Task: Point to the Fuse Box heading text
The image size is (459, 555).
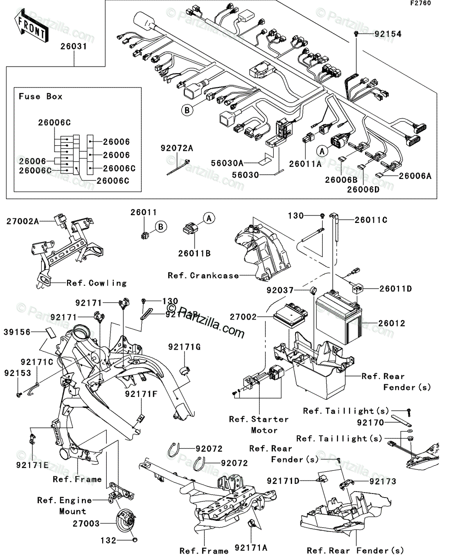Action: tap(40, 97)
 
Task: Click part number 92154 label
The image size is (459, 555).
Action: tap(388, 34)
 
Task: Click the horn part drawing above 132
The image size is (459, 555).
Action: tap(126, 523)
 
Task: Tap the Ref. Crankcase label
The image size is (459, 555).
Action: tap(203, 276)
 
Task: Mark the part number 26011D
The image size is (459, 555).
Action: tap(395, 289)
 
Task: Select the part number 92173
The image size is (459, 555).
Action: tap(383, 481)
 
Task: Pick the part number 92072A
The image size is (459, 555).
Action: tap(177, 148)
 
